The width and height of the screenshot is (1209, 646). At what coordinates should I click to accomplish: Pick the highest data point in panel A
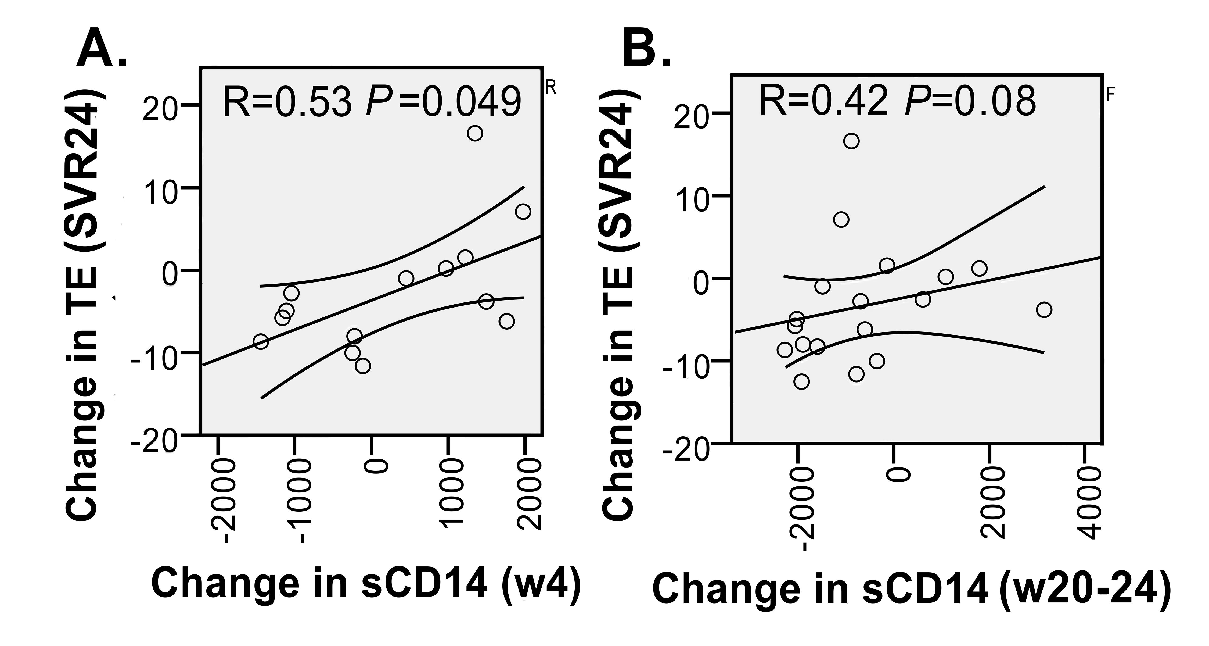pyautogui.click(x=475, y=133)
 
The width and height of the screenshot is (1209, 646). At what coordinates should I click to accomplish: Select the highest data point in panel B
pyautogui.click(x=851, y=141)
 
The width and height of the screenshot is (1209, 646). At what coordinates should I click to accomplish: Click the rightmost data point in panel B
pyautogui.click(x=1044, y=310)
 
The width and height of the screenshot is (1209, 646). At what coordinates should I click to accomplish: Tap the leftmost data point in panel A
pyautogui.click(x=261, y=341)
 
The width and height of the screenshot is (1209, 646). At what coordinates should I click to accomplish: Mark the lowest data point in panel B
pyautogui.click(x=802, y=381)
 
